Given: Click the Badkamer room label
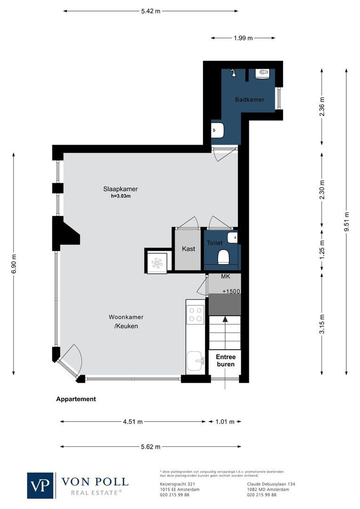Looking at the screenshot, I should point(249,99).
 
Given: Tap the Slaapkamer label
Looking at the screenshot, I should point(120,189).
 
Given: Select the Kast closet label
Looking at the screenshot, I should point(188,248).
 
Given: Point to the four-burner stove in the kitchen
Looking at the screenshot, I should point(196,314).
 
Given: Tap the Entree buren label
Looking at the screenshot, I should point(225,361).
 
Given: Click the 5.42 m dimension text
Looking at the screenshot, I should point(150,11).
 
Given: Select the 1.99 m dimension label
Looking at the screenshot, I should point(243,38).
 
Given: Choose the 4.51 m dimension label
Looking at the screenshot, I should point(132,422).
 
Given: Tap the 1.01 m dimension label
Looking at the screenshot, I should point(225,422).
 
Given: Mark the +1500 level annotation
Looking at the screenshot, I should point(231,291).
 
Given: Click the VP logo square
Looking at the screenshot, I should point(41,485).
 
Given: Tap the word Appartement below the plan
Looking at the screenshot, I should point(76,399).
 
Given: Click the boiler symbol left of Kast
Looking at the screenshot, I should point(157,261).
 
